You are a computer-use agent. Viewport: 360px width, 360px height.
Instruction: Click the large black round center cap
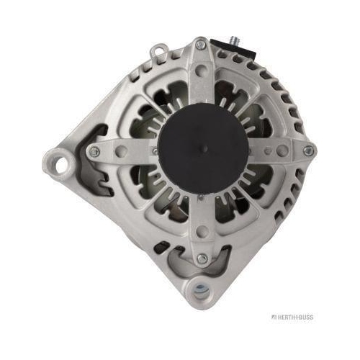[203, 150]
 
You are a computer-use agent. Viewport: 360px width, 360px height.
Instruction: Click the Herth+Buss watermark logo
[292, 317]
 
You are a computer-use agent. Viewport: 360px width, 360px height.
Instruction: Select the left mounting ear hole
[61, 165]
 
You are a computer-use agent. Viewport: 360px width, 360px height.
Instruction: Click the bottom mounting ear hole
[201, 290]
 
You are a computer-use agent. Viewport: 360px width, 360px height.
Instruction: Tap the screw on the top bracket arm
[201, 45]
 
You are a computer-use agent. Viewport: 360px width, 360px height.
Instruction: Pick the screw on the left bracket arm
[94, 151]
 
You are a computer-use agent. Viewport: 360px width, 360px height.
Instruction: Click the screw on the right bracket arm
[308, 150]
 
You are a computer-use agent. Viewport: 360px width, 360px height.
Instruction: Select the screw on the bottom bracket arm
[202, 258]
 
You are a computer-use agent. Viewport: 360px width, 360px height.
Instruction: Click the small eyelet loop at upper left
[158, 50]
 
